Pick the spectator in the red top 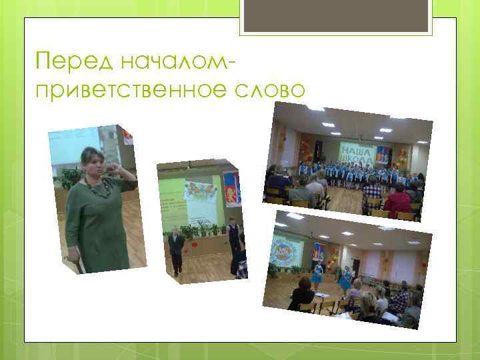(x=399, y=199)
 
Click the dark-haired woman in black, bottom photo (x=303, y=294)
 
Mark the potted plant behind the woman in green (x=69, y=177)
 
